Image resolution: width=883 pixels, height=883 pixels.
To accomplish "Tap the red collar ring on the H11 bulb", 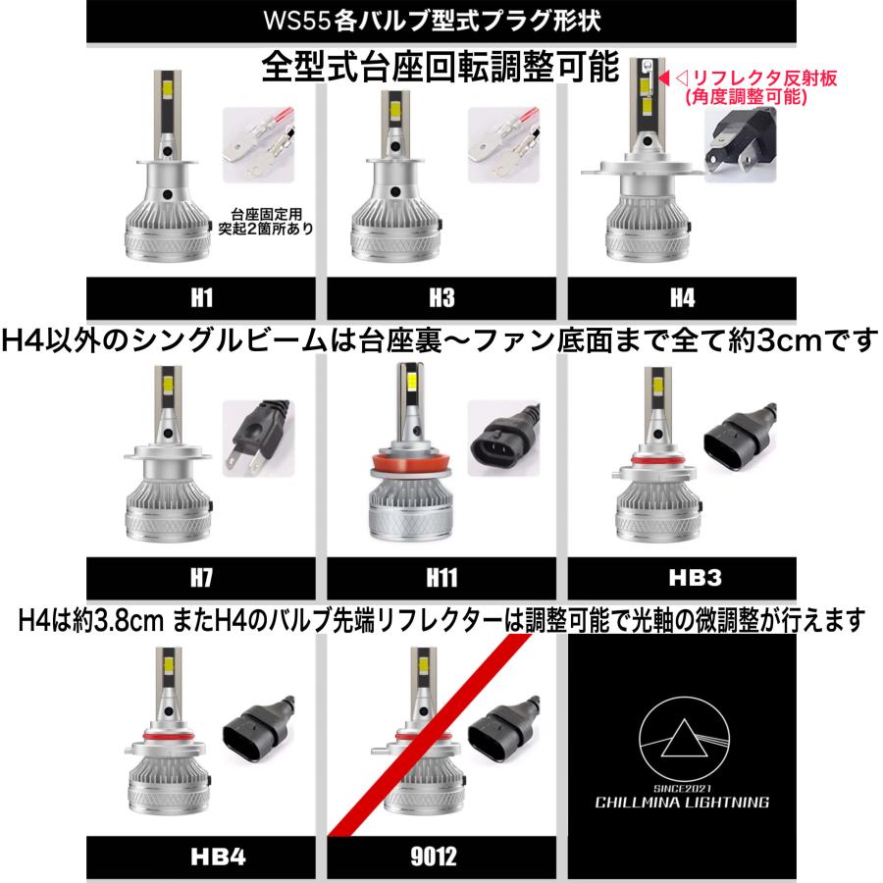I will point(404,464).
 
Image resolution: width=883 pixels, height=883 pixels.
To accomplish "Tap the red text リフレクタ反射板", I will point(759,78).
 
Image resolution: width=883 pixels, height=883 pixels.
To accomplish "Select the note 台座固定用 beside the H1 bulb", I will point(263,213).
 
